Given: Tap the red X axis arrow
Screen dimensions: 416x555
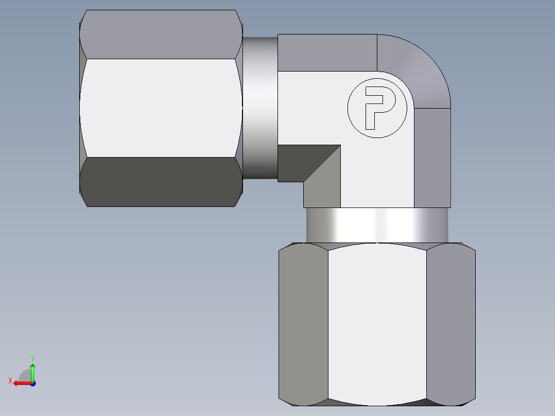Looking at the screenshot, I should (x=21, y=383).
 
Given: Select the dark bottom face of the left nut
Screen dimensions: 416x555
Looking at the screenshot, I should (x=161, y=182).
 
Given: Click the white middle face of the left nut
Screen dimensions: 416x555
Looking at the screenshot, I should (x=161, y=108).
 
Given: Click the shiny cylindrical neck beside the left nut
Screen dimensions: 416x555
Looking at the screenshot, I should (x=260, y=108).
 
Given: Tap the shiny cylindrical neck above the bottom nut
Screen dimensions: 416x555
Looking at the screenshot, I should (x=377, y=224).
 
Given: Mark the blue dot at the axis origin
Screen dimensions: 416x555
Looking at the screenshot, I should (x=32, y=384).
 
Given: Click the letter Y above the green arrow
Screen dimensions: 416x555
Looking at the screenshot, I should (x=32, y=357).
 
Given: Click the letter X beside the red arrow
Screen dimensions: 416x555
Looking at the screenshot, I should (x=10, y=381).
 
